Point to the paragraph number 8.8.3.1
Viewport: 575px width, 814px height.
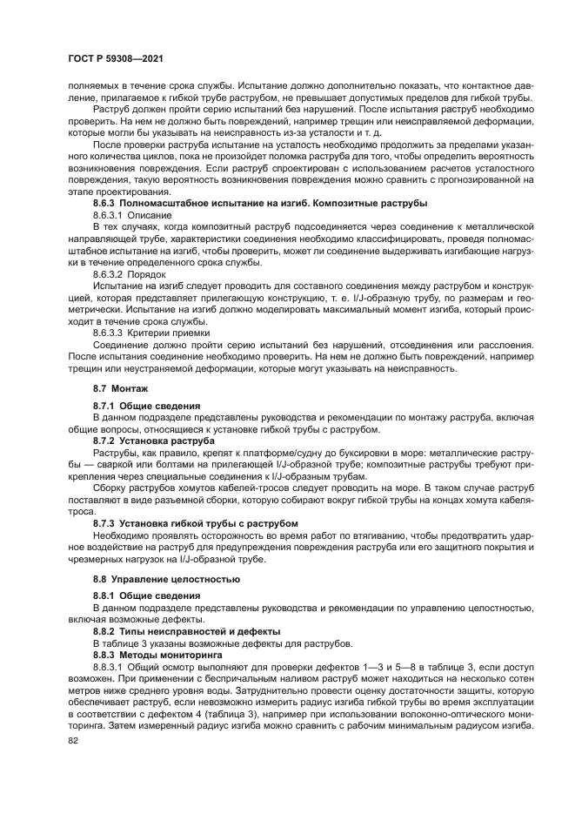(109, 667)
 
